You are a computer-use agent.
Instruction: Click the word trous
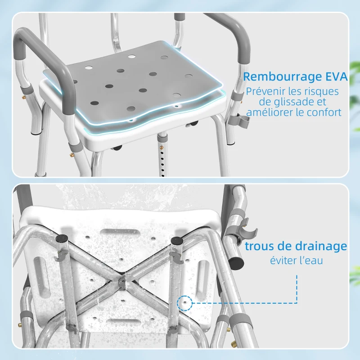(258, 246)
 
